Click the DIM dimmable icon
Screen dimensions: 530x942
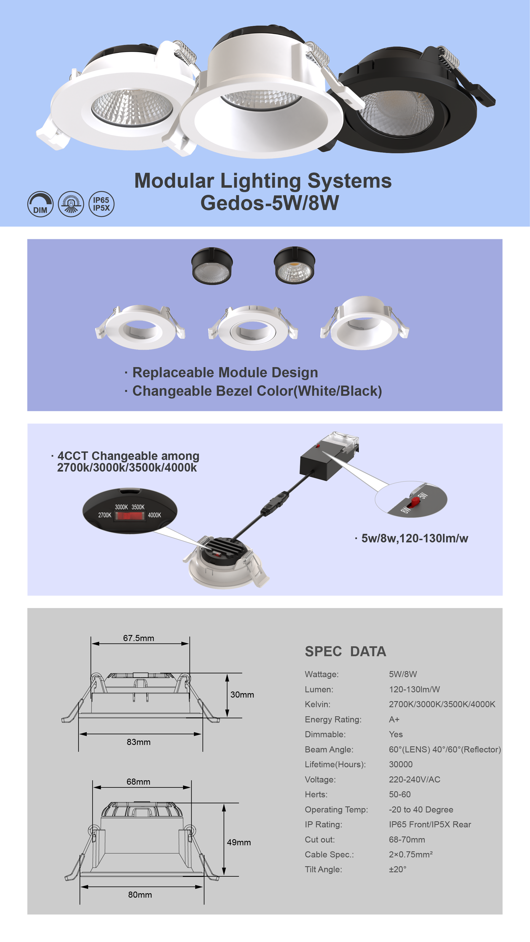click(40, 204)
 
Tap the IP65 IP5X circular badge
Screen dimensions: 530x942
click(101, 204)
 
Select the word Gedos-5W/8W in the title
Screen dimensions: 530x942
click(270, 203)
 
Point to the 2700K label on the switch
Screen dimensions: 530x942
click(105, 515)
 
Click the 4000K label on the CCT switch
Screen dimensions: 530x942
click(154, 515)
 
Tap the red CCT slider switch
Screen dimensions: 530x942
click(130, 516)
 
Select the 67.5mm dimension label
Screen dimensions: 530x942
click(139, 638)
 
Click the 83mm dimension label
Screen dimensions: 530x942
click(139, 742)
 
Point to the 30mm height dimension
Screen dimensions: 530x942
click(242, 695)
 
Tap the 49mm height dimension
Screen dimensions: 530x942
click(239, 842)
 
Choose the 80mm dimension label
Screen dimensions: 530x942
click(140, 895)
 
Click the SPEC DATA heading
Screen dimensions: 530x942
click(345, 651)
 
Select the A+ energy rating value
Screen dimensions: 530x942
click(394, 719)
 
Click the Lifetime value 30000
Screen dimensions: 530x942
click(400, 764)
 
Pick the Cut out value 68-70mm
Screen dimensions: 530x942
click(407, 839)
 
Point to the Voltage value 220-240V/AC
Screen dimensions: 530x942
click(415, 779)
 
